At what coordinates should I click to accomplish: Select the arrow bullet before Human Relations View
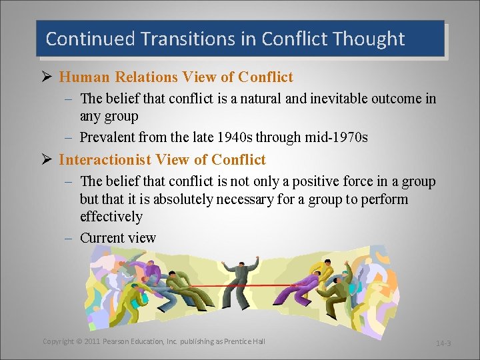point(47,77)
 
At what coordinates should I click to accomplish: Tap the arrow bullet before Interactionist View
point(47,160)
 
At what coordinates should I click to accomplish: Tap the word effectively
point(111,217)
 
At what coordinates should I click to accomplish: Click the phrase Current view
point(118,238)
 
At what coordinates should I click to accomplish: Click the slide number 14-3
point(443,343)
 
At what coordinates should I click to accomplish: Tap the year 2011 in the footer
point(93,341)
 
